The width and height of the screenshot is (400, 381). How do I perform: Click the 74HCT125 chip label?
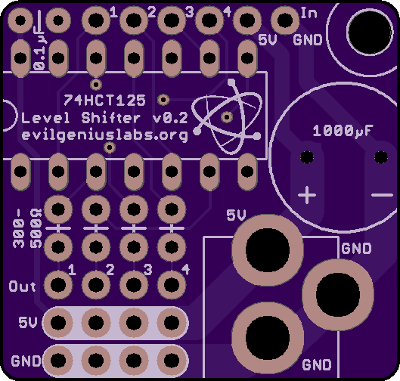tap(104, 101)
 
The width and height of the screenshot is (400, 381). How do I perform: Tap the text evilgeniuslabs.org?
tap(105, 135)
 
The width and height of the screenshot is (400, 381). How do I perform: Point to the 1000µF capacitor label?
tap(343, 131)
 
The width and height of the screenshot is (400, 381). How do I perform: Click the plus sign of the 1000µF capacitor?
tap(307, 195)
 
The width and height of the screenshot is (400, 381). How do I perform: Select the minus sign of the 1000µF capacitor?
tap(382, 195)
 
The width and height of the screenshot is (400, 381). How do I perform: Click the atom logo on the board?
tap(227, 116)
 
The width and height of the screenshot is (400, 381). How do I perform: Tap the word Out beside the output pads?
tap(22, 287)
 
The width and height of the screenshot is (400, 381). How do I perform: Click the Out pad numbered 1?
tap(58, 284)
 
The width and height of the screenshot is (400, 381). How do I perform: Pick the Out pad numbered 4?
tap(172, 284)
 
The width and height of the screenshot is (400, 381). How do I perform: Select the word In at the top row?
tap(309, 13)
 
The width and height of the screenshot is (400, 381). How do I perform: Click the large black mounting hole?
tap(371, 33)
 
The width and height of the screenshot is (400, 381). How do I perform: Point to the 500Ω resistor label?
tap(36, 228)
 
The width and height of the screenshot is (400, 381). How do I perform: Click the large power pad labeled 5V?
tap(268, 250)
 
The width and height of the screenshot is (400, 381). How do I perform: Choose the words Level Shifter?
tap(81, 118)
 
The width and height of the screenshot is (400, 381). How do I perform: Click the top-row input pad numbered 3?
tap(172, 20)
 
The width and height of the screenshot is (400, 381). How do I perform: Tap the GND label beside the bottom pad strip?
tap(26, 361)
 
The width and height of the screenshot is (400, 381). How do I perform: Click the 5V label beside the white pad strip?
tap(27, 323)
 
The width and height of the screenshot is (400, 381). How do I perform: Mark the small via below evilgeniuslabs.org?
tap(110, 147)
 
